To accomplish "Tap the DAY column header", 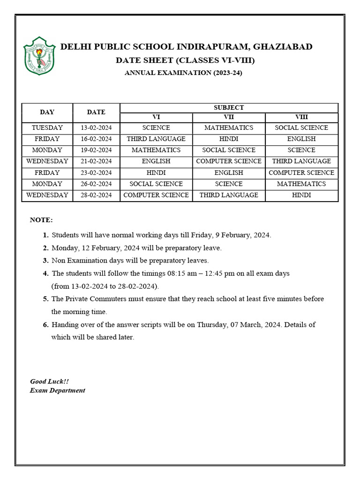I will [47, 112].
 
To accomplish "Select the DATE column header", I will [96, 112].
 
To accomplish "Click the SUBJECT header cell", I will [229, 107].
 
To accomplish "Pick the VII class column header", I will [229, 117].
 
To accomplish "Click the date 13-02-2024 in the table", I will [96, 127].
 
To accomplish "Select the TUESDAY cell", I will [47, 127].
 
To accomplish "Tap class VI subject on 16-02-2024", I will [156, 139].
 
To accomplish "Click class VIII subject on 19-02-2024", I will [301, 150].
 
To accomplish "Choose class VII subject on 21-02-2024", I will [229, 161].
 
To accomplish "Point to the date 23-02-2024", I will [96, 172].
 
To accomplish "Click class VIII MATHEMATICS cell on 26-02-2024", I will [301, 184].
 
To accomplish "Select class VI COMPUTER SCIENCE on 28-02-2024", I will [156, 195].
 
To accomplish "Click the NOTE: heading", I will [42, 220].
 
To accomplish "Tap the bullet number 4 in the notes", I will [45, 273].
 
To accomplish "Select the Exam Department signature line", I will [58, 390].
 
